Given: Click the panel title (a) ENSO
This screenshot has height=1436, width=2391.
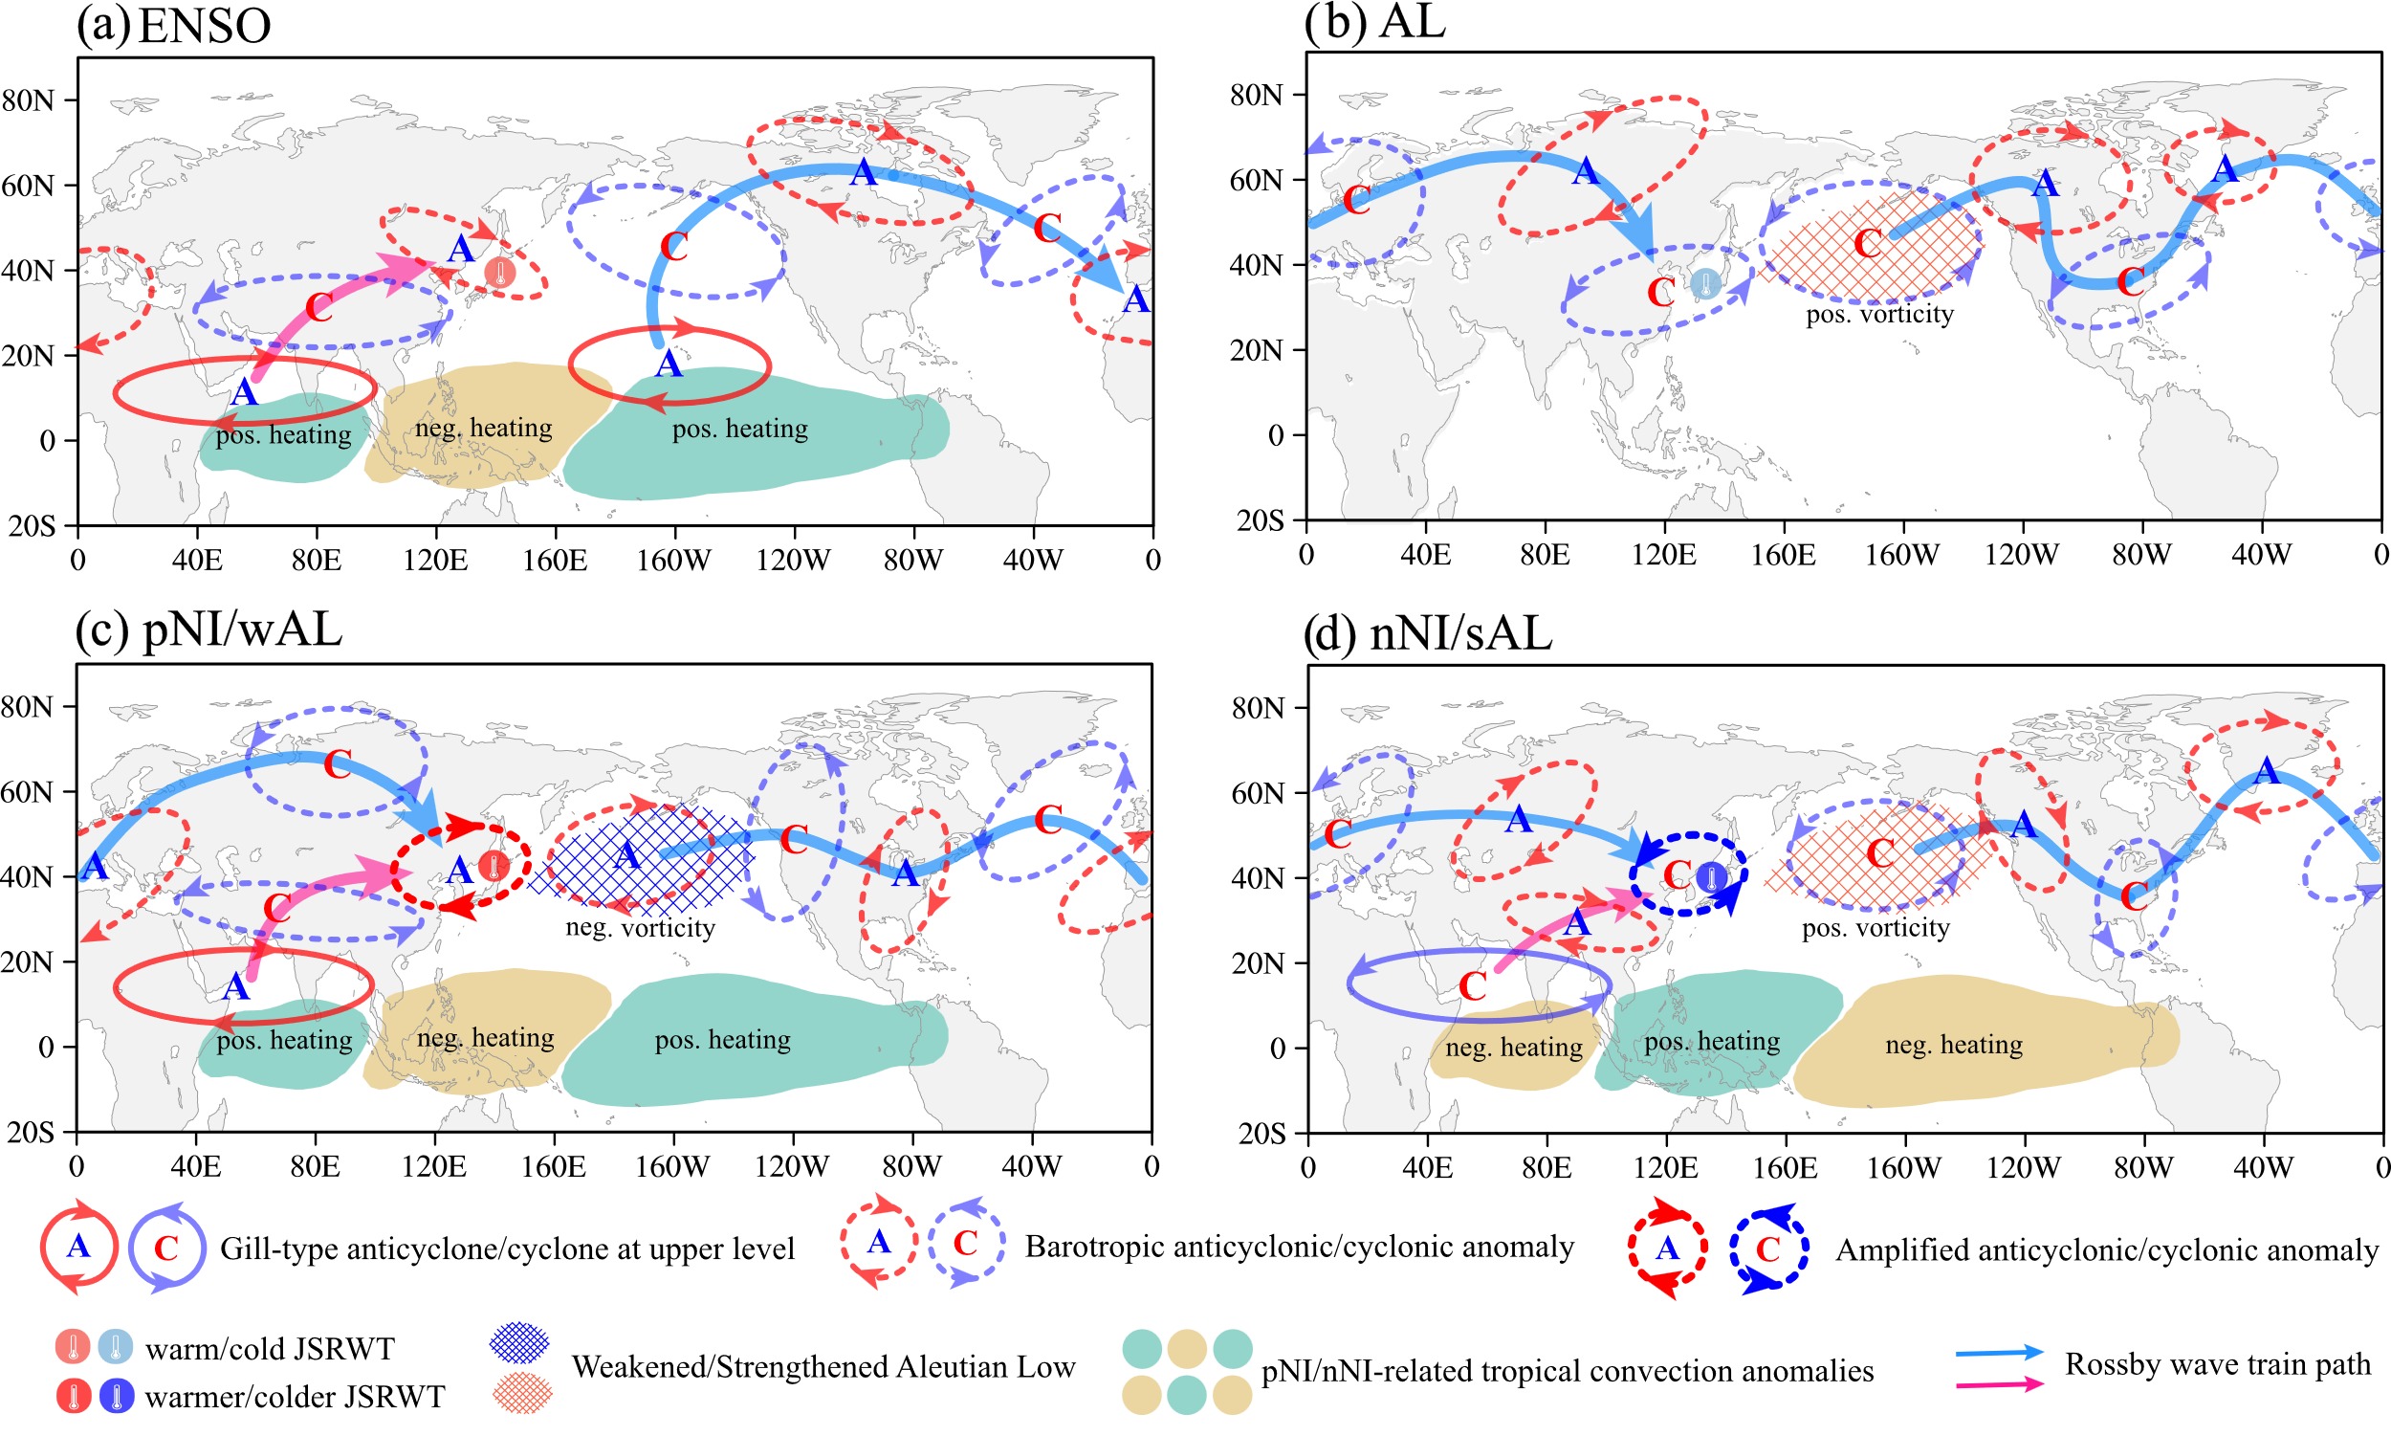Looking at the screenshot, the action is pos(174,26).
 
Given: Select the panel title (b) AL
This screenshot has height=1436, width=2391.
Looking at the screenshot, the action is pos(1374,21).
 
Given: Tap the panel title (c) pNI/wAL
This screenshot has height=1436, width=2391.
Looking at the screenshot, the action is pos(208,630).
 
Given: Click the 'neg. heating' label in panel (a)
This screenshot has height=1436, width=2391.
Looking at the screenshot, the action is pos(484,428).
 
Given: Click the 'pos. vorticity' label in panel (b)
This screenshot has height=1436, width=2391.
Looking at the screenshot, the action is pos(1879,315).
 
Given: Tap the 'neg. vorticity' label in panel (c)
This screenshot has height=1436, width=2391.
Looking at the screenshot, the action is pos(640,928).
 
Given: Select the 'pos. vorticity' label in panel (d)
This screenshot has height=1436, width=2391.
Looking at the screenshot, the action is pos(1876,928).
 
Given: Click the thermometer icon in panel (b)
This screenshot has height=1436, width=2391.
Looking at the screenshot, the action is pos(1705,282).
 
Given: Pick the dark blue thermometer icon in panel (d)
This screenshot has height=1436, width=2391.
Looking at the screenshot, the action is pos(1711,877).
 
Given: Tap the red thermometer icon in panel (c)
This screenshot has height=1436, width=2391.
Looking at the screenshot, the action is pos(494,867).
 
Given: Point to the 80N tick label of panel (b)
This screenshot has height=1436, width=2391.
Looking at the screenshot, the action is pos(1256,95).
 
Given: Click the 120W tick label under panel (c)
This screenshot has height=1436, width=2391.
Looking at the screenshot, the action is pos(791,1166).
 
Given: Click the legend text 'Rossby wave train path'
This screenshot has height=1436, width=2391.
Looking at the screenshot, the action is pos(2218,1364).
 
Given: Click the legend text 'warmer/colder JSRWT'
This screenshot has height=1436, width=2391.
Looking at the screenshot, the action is pos(295,1398).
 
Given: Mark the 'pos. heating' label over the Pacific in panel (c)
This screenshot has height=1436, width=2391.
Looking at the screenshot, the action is pos(722,1040).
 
